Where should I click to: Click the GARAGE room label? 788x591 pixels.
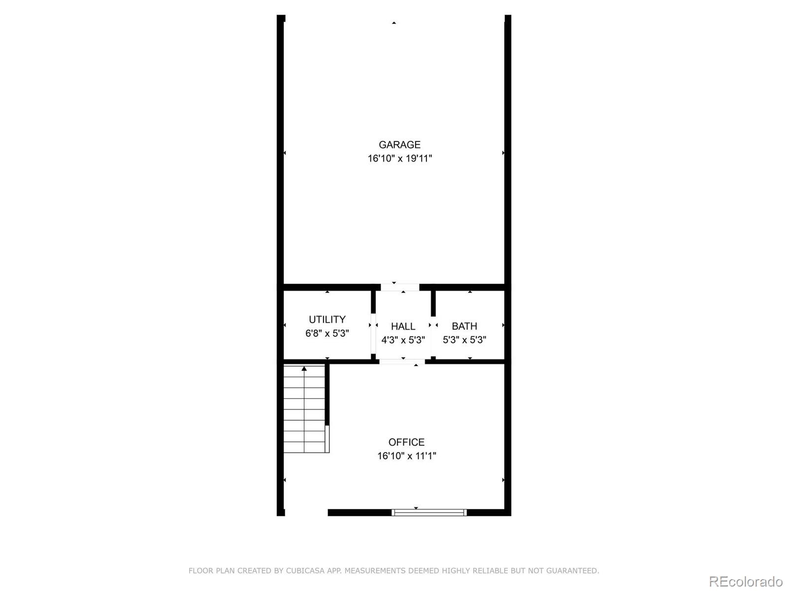(x=399, y=145)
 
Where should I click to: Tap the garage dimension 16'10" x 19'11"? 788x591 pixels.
(x=399, y=159)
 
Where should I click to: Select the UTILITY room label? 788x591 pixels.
(x=327, y=320)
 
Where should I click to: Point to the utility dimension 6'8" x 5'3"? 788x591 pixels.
(x=327, y=333)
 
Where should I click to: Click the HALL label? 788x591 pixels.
(x=403, y=327)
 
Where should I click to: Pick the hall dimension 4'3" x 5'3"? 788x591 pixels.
(x=403, y=340)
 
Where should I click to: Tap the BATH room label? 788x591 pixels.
(x=464, y=326)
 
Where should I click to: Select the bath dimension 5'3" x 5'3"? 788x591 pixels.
(x=464, y=340)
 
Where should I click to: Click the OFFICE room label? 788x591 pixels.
(x=406, y=442)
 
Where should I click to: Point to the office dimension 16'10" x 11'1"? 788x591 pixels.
(x=406, y=456)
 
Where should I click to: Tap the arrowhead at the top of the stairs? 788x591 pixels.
(x=304, y=368)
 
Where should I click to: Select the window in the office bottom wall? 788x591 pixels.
(x=429, y=513)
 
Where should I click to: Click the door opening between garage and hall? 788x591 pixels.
(x=399, y=287)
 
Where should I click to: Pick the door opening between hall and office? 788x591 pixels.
(x=402, y=362)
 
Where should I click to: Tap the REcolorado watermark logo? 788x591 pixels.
(x=745, y=581)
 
